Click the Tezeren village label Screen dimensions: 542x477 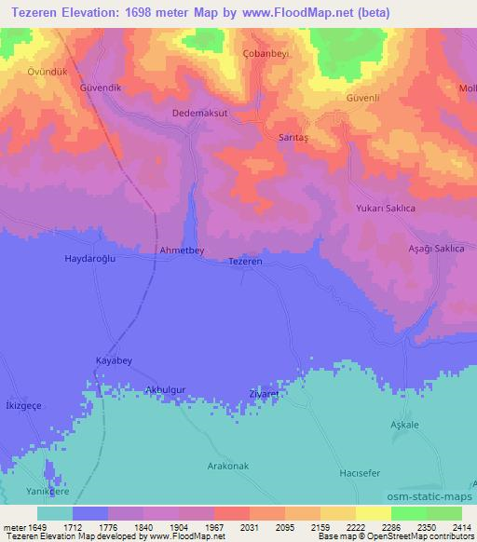click(246, 263)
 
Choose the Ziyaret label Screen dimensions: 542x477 click(265, 394)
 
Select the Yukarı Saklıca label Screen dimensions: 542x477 click(385, 209)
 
